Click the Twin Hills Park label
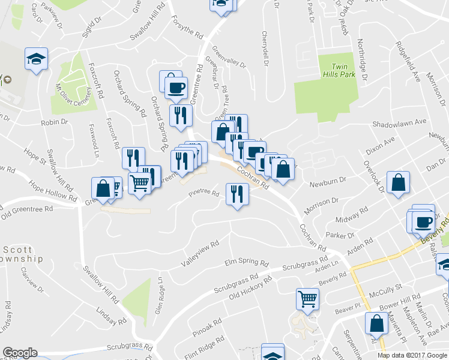(x=340, y=70)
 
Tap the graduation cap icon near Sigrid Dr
(x=36, y=59)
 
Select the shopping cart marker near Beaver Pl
(x=307, y=298)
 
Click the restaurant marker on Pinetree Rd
(x=237, y=194)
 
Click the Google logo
(x=20, y=353)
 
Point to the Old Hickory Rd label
(x=251, y=287)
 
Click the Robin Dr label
(x=55, y=122)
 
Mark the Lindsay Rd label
(x=112, y=316)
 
